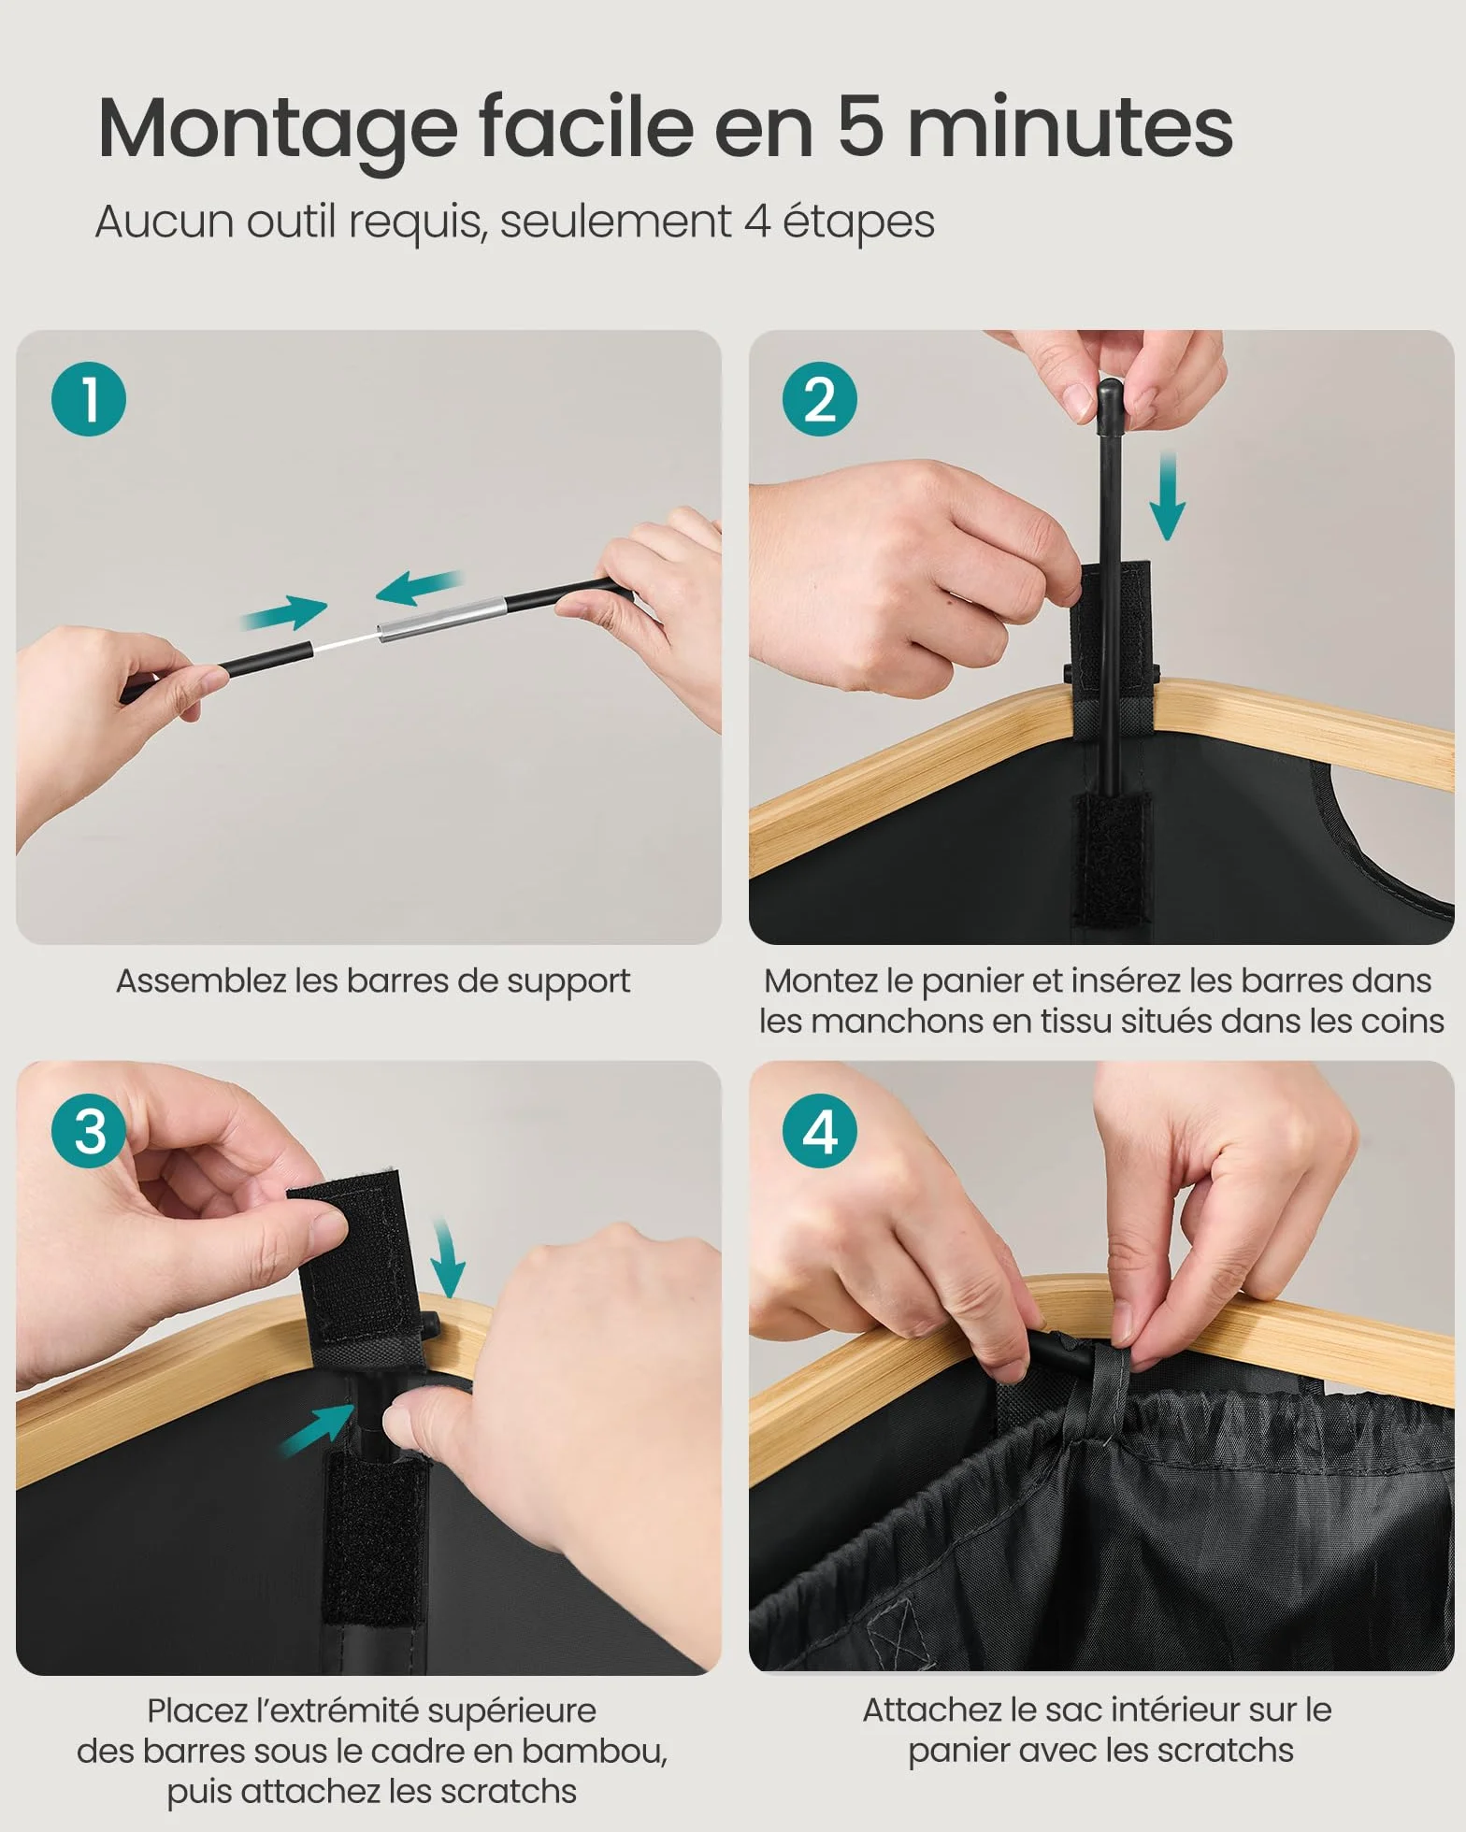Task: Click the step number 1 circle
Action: [x=88, y=399]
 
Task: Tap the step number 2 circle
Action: [x=820, y=399]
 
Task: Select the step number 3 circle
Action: [x=88, y=1131]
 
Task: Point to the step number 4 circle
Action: [x=820, y=1131]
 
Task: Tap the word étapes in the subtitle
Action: [x=858, y=223]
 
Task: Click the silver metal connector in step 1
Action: [x=441, y=619]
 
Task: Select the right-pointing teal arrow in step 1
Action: [x=284, y=612]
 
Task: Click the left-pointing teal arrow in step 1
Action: [x=418, y=586]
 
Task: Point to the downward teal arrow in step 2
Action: [x=1167, y=495]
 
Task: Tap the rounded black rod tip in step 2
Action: [x=1110, y=396]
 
